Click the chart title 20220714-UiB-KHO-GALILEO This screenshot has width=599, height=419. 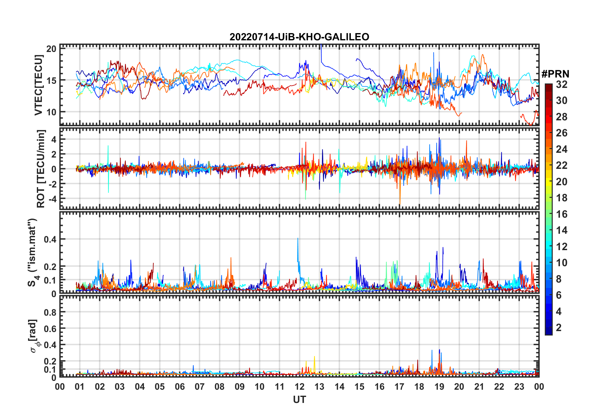point(299,37)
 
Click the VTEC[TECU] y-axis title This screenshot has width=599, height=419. point(38,85)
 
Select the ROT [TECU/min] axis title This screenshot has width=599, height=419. point(41,169)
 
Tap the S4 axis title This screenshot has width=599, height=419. point(33,252)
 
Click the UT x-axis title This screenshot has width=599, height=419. point(299,400)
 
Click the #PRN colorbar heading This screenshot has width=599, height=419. point(555,74)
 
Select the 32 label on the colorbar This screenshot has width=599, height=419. point(562,84)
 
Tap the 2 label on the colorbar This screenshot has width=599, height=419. point(559,328)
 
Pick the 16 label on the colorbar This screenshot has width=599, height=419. point(562,214)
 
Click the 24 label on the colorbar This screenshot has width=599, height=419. point(562,149)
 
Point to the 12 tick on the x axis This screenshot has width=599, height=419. point(299,387)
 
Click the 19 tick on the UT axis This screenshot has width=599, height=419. point(439,387)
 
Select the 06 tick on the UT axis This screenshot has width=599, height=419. point(180,387)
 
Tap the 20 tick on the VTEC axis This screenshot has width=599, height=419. point(51,49)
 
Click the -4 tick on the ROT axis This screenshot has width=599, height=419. point(51,199)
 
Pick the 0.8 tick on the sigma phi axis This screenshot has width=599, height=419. point(50,313)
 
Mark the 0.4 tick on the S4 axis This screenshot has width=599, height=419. point(50,239)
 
